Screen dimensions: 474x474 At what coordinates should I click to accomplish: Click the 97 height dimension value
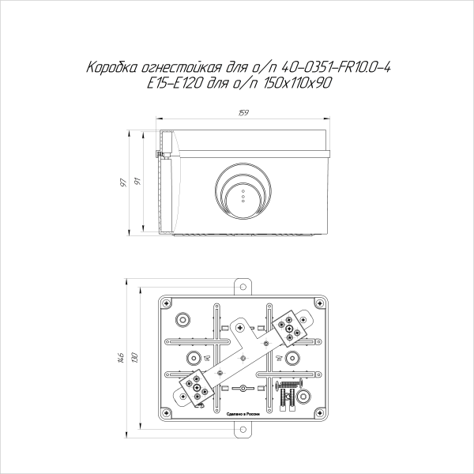coord(123,182)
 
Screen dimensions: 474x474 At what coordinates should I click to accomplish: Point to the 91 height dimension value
coord(138,182)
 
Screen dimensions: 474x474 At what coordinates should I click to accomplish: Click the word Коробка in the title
coord(110,70)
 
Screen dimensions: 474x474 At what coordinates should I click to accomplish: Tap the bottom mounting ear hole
coord(243,429)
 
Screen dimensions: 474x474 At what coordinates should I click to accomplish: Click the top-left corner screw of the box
coord(166,303)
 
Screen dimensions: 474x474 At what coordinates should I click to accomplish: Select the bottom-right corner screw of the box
coord(319,412)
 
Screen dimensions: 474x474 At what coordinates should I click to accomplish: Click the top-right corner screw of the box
coord(319,303)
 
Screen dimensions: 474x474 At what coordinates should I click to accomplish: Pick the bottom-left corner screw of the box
coord(166,412)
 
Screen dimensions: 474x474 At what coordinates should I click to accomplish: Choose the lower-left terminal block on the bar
coord(197,387)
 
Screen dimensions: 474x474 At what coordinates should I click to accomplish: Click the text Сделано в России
coord(243,413)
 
